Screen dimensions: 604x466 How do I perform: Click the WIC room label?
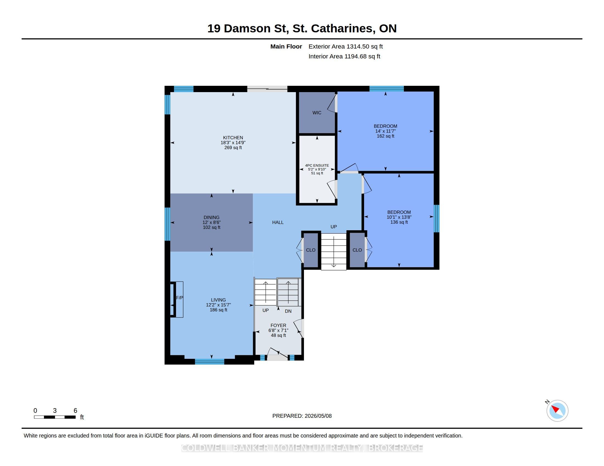(317, 113)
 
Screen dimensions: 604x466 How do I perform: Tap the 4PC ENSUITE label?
(317, 165)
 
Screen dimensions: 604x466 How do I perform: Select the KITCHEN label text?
(233, 138)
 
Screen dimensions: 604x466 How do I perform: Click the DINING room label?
(212, 217)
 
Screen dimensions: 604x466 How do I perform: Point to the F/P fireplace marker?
(180, 298)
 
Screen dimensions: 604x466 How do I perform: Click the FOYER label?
(278, 325)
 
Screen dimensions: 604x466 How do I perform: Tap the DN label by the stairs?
(288, 311)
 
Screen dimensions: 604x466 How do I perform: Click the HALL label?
(278, 222)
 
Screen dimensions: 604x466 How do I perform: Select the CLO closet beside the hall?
(311, 250)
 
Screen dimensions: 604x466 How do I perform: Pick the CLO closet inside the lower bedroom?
(357, 250)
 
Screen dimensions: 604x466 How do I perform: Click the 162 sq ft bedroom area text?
(385, 136)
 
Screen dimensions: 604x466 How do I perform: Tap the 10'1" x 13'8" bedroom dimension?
(399, 217)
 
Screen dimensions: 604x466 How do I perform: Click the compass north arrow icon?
(557, 411)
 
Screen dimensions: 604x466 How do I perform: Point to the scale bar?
(55, 417)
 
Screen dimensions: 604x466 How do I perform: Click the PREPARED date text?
(302, 416)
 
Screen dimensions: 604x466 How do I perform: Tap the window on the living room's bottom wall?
(210, 361)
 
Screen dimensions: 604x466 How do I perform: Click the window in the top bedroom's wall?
(387, 89)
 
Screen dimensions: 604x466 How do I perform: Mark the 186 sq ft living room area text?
(219, 310)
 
